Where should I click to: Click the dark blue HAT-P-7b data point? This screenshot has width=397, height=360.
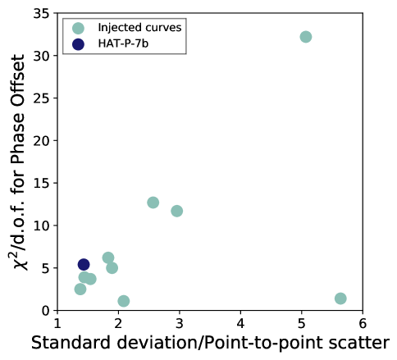point(83,264)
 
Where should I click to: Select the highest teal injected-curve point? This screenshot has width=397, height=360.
point(306,37)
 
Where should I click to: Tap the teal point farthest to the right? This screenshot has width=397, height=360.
point(340,298)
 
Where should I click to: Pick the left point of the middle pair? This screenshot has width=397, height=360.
point(153,203)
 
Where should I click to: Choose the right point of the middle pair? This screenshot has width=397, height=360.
point(176,211)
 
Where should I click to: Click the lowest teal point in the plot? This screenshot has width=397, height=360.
point(123,301)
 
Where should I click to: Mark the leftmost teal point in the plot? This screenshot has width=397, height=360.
point(80,289)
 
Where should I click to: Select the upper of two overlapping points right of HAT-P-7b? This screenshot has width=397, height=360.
point(107,257)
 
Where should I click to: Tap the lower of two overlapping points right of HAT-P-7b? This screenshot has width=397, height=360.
point(112,268)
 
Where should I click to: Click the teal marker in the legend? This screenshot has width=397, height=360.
point(78,28)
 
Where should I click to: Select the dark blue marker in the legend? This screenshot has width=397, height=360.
point(78,44)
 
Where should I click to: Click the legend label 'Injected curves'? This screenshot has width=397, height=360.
point(139,28)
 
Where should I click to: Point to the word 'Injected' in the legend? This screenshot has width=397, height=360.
point(119,28)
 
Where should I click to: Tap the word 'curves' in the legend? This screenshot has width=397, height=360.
point(162,28)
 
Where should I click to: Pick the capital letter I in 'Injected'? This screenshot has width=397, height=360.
point(99,28)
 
